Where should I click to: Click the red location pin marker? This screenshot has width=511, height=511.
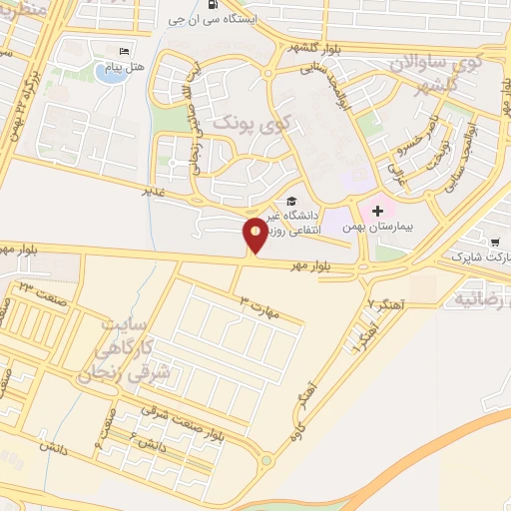[x=255, y=234]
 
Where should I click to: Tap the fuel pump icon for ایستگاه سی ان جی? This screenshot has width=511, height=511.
[x=214, y=4]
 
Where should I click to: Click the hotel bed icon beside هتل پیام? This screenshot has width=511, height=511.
[x=124, y=52]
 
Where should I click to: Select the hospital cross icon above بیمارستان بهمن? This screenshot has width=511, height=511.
[x=377, y=212]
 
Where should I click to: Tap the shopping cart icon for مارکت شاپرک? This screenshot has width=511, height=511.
[x=495, y=241]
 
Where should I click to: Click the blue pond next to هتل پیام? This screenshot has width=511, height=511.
[x=111, y=72]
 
